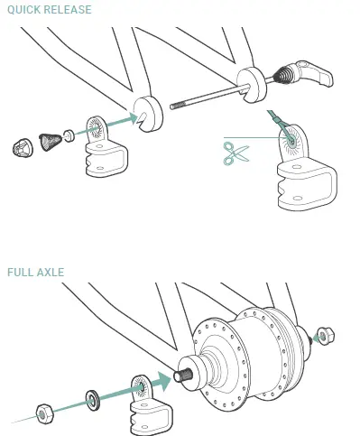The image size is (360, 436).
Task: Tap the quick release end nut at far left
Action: [22, 144]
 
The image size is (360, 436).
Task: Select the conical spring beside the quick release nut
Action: [56, 139]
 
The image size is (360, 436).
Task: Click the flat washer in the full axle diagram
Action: [93, 397]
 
